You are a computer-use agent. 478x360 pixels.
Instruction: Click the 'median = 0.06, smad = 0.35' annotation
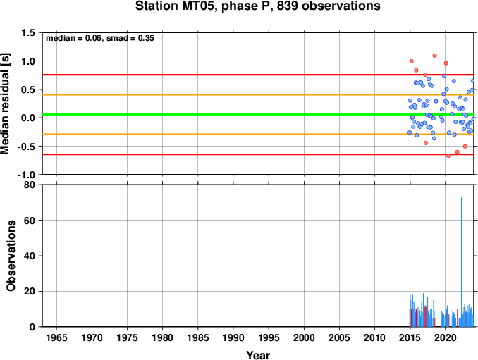(100, 38)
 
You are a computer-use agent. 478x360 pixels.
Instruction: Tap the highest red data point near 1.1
(435, 56)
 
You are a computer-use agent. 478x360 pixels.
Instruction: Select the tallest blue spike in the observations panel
(461, 262)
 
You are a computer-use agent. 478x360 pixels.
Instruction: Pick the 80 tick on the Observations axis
(30, 185)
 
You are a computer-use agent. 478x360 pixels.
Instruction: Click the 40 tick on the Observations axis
(30, 256)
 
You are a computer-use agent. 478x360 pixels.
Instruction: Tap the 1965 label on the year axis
(56, 337)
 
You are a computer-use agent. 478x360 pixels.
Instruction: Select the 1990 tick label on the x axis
(233, 337)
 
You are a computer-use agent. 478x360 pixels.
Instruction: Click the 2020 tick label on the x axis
(446, 337)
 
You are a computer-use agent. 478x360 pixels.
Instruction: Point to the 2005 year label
(339, 337)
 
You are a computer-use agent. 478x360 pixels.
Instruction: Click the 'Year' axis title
(258, 355)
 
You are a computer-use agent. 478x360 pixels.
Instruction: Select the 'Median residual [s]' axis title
(5, 104)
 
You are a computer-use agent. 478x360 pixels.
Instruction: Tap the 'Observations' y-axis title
(11, 256)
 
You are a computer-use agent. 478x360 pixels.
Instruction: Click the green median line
(258, 115)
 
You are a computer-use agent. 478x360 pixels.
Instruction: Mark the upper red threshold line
(258, 75)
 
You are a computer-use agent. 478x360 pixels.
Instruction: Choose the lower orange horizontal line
(258, 135)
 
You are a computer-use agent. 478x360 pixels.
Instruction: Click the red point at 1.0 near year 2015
(412, 61)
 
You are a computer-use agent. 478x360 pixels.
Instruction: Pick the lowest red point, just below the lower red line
(448, 156)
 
